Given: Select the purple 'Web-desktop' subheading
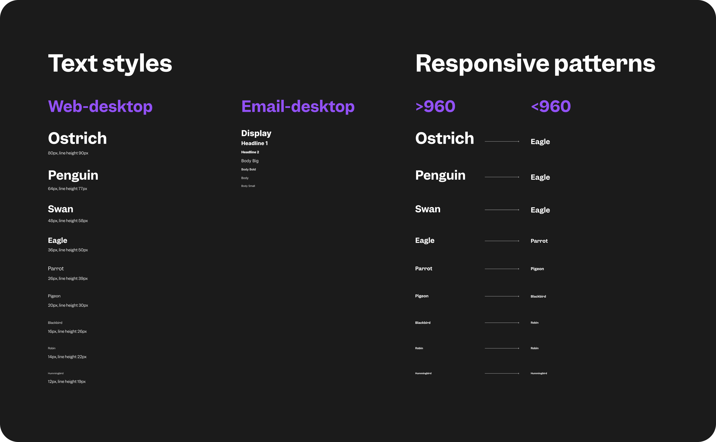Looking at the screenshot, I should click(100, 106).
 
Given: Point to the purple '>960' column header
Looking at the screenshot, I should click(435, 106).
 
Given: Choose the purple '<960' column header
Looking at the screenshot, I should click(550, 106).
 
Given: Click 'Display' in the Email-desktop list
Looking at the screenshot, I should click(256, 133).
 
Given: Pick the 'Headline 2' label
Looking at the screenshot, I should click(250, 152).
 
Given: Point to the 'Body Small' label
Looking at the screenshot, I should click(248, 186).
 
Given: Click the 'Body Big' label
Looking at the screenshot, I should click(250, 161).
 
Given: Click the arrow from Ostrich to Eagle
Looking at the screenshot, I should click(502, 141).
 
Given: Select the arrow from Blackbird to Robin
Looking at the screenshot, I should click(502, 323).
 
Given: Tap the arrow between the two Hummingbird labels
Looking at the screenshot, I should click(502, 373).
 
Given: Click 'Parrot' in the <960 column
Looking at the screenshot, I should click(539, 241).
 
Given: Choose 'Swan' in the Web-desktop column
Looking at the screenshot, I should click(61, 209).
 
